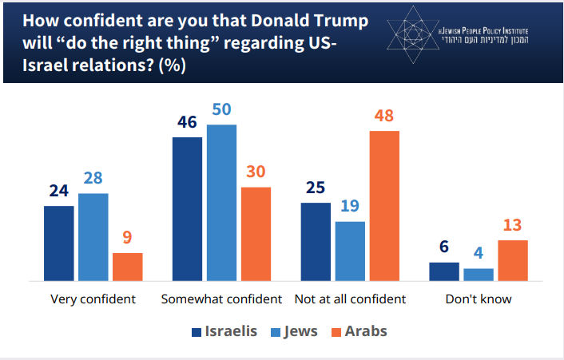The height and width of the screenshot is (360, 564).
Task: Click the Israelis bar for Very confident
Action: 59,243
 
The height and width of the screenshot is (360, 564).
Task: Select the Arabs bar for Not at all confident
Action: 384,205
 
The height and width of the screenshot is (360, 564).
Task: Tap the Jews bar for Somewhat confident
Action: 221,202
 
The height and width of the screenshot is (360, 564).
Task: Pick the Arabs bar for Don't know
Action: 513,260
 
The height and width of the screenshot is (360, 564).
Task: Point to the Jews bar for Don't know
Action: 479,274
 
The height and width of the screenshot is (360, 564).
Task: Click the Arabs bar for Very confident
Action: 128,267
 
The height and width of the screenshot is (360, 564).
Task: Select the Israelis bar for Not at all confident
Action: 316,241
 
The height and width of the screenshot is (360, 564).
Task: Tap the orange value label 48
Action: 384,117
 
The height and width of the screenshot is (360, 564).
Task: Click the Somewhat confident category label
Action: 221,300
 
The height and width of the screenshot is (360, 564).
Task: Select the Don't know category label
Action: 479,300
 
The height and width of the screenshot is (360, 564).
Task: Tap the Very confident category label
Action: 93,300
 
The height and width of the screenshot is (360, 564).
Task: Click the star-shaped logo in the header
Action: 412,34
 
